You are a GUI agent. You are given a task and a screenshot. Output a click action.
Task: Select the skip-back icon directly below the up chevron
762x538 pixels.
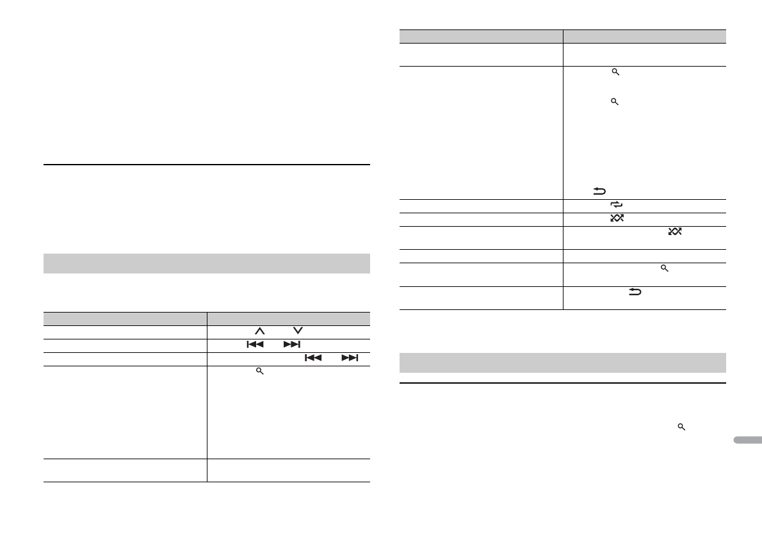[x=255, y=344]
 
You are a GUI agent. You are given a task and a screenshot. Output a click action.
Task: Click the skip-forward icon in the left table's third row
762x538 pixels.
[x=350, y=357]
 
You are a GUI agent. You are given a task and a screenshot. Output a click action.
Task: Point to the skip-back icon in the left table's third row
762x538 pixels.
[x=313, y=357]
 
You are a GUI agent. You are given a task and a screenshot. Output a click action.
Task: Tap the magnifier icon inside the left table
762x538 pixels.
[x=260, y=371]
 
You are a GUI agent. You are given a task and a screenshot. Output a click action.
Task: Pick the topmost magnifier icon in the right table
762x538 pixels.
[x=616, y=73]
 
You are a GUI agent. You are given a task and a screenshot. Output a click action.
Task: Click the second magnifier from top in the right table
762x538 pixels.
[x=616, y=102]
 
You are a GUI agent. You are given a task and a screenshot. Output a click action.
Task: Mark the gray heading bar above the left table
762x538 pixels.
[x=206, y=263]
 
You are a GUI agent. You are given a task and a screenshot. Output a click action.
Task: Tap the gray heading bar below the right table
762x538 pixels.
[x=562, y=362]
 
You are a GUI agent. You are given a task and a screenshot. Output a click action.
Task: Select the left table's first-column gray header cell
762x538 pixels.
[x=125, y=318]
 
